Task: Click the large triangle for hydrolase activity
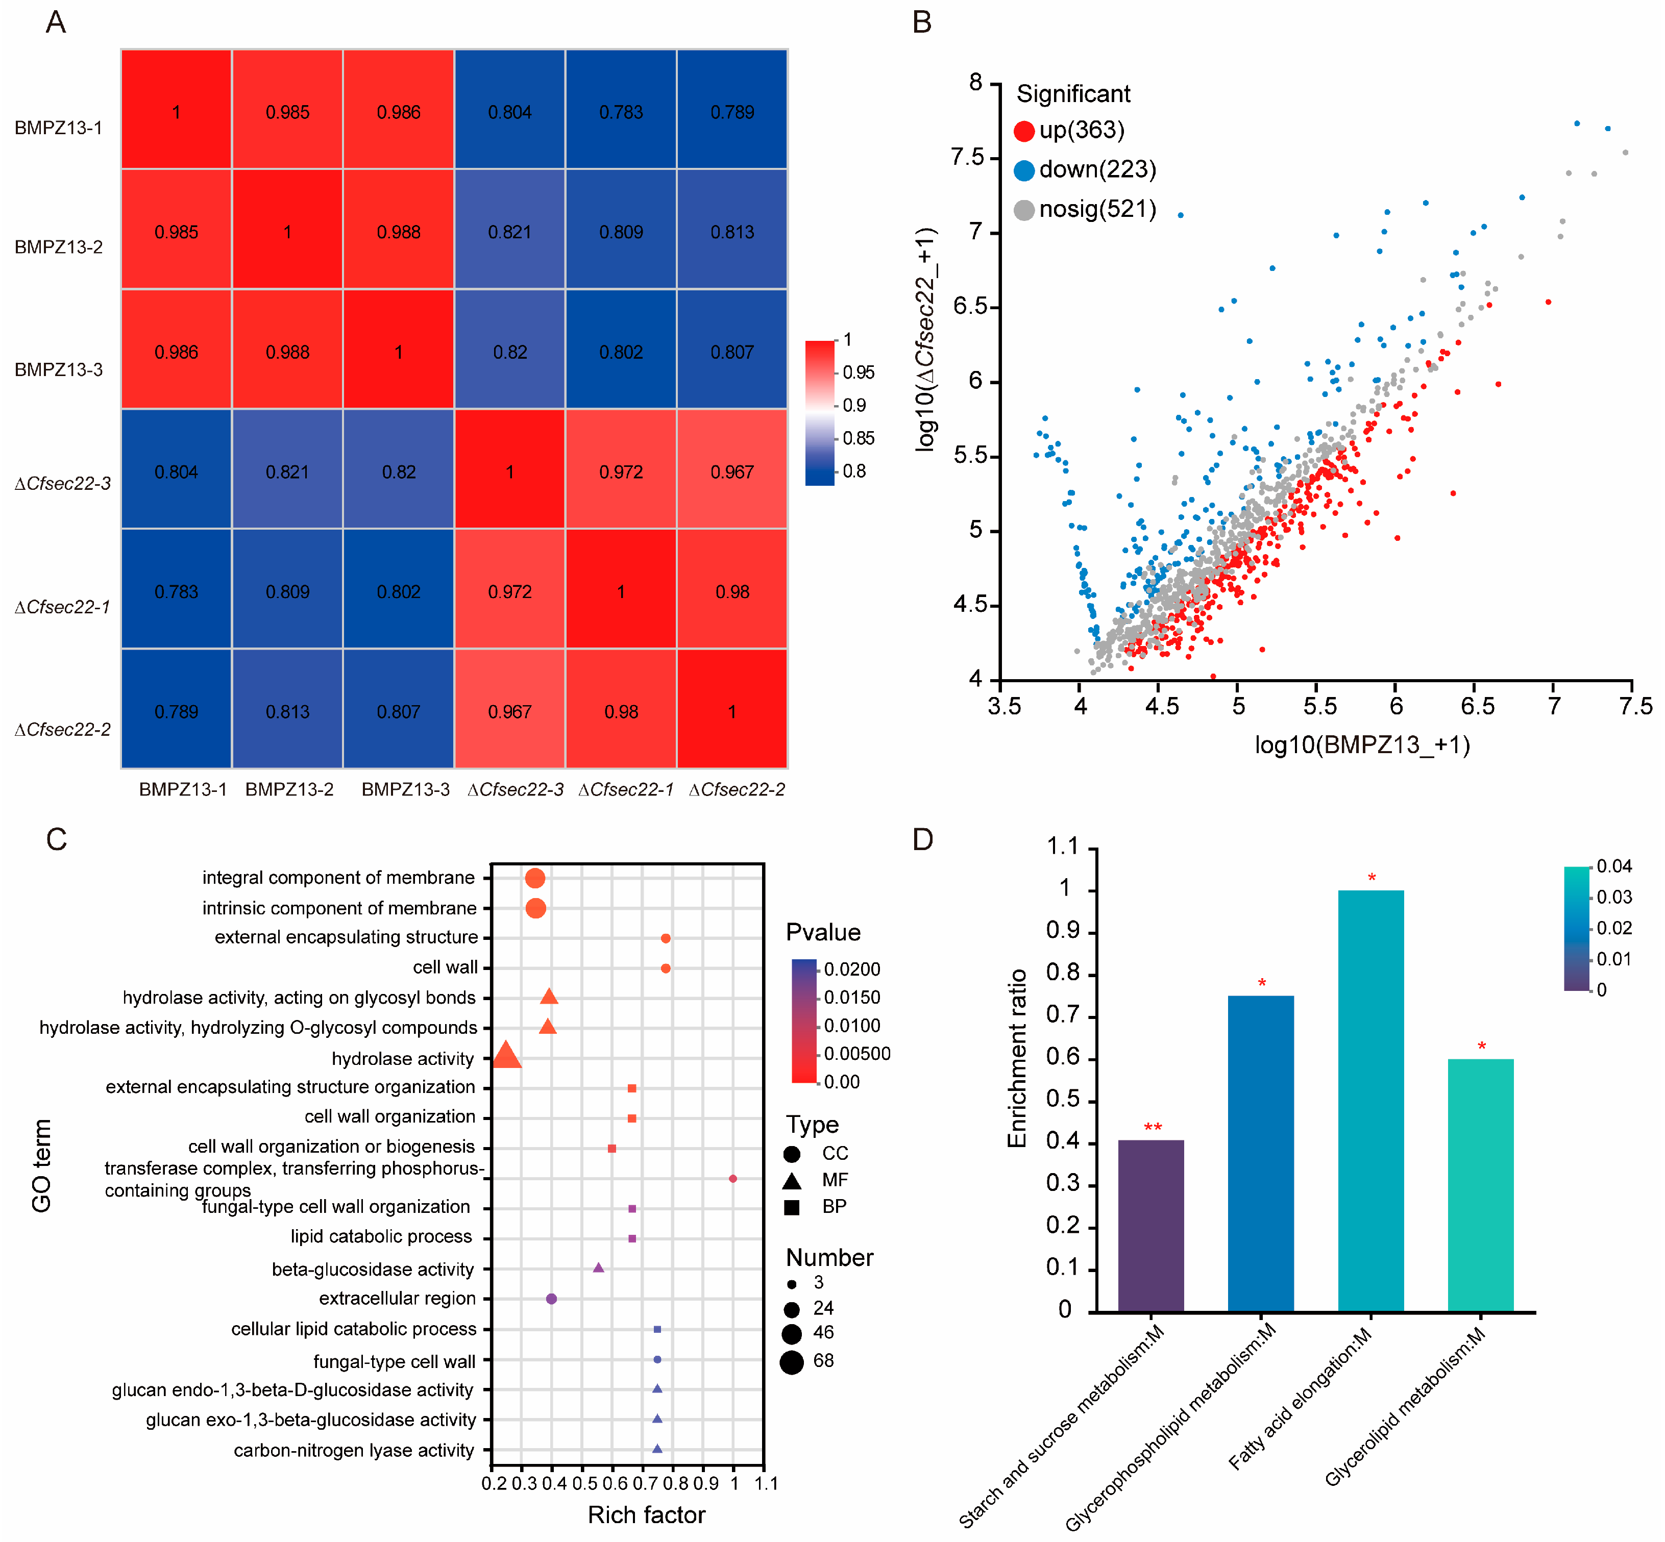[506, 1056]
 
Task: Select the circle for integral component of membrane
[535, 878]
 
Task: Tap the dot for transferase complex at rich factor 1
[733, 1178]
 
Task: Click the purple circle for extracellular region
[551, 1298]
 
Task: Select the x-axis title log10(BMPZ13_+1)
[1362, 744]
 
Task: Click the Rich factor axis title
[646, 1514]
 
